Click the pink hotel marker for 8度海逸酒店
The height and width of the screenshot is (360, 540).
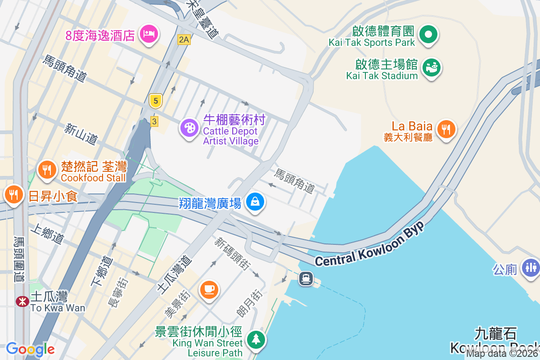148,33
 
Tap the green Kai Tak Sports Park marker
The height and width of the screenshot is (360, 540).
428,34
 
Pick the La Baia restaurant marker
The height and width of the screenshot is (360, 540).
446,130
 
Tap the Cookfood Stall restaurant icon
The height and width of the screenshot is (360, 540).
46,170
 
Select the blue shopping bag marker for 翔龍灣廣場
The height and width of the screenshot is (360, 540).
255,202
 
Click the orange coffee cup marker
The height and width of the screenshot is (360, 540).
209,289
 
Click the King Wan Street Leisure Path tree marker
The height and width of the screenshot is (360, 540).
256,339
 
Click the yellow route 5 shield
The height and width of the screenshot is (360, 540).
155,101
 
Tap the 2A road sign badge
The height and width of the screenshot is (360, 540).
184,40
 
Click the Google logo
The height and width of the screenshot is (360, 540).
30,349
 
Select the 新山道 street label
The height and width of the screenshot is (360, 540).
81,135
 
